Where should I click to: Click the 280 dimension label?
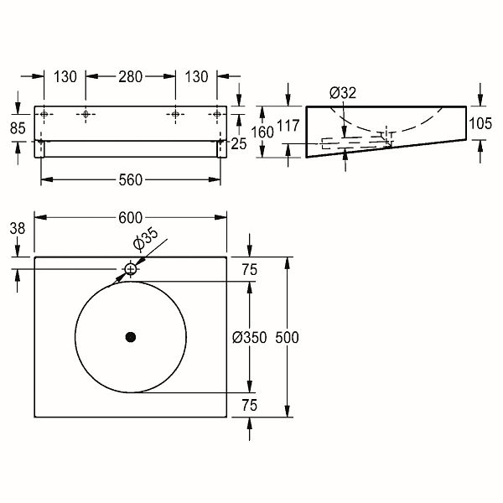click(x=130, y=77)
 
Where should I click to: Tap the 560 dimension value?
click(x=130, y=180)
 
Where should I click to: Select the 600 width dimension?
click(x=130, y=218)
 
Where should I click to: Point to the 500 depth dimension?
click(x=287, y=338)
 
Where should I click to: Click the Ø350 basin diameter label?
click(x=249, y=338)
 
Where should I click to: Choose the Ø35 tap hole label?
click(x=146, y=239)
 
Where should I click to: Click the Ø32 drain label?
click(x=343, y=93)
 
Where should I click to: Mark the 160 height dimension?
click(x=262, y=132)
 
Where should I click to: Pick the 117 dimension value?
click(x=288, y=126)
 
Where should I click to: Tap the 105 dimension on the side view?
click(x=480, y=123)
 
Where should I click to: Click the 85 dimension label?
click(x=18, y=128)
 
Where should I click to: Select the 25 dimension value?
click(x=239, y=144)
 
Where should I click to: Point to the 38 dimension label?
click(x=18, y=229)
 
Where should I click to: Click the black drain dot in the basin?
click(x=131, y=337)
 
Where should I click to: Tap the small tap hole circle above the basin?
click(x=130, y=269)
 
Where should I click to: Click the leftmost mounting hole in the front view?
click(x=44, y=114)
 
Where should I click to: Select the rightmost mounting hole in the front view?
click(x=217, y=114)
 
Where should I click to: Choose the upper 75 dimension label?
click(x=250, y=270)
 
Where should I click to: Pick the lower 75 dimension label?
click(x=250, y=406)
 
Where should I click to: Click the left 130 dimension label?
click(x=65, y=77)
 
